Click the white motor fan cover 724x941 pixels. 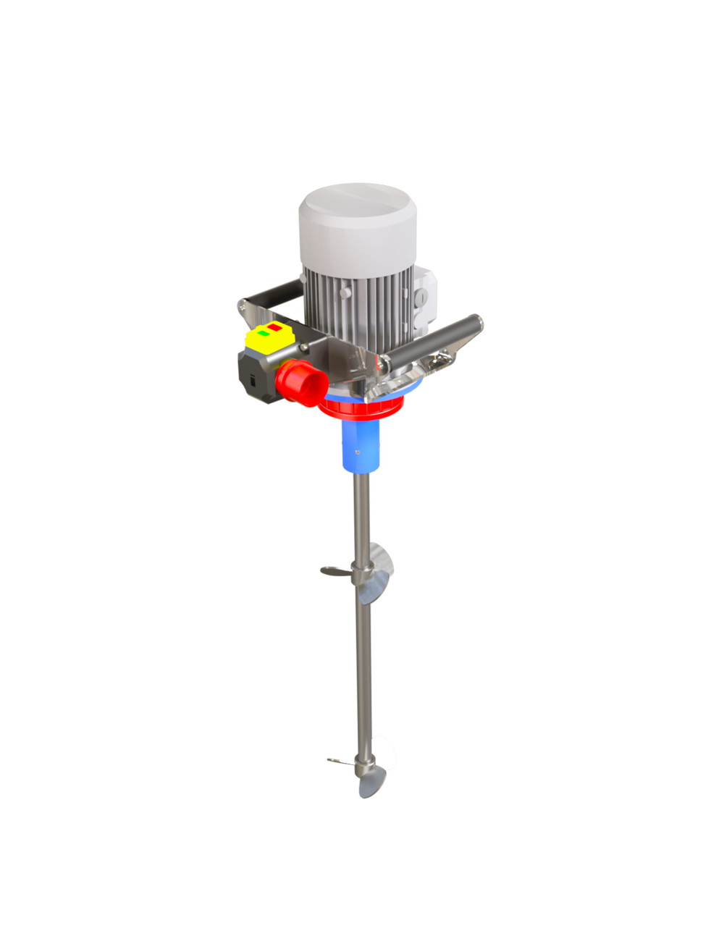(358, 224)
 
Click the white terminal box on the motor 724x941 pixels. (424, 293)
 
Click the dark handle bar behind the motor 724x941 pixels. (271, 295)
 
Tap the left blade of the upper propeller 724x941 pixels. (334, 571)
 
